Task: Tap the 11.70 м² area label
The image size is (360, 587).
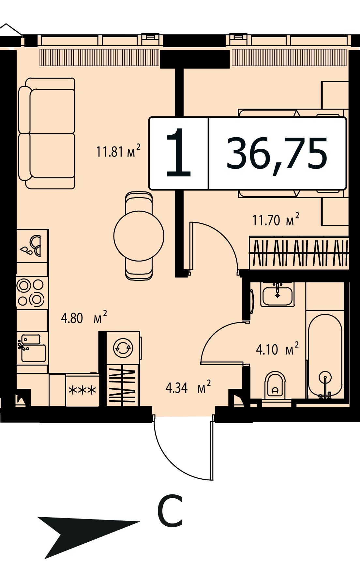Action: (x=276, y=219)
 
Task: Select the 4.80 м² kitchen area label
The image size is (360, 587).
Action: (x=84, y=317)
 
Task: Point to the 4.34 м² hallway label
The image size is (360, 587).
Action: (x=188, y=387)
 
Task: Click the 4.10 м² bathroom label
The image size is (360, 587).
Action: (x=277, y=349)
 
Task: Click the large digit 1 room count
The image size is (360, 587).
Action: (x=178, y=153)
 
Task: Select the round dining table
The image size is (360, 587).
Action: (x=139, y=236)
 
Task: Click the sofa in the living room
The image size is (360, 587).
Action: (x=47, y=133)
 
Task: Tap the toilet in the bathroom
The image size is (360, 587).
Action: (x=275, y=385)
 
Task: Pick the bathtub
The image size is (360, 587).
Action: (x=325, y=356)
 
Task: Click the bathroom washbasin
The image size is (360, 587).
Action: (x=277, y=294)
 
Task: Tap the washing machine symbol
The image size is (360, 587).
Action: (x=123, y=348)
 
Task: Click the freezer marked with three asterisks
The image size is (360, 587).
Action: (x=82, y=390)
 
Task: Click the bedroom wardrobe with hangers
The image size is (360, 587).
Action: (x=299, y=253)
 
